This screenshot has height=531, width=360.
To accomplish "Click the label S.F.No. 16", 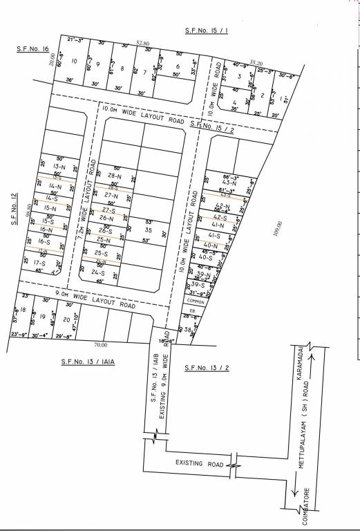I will [x=32, y=50].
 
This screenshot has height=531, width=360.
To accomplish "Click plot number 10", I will [x=74, y=62].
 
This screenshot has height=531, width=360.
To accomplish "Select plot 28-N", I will [x=114, y=176].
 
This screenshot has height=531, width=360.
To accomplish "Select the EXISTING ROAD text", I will [x=198, y=463].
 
